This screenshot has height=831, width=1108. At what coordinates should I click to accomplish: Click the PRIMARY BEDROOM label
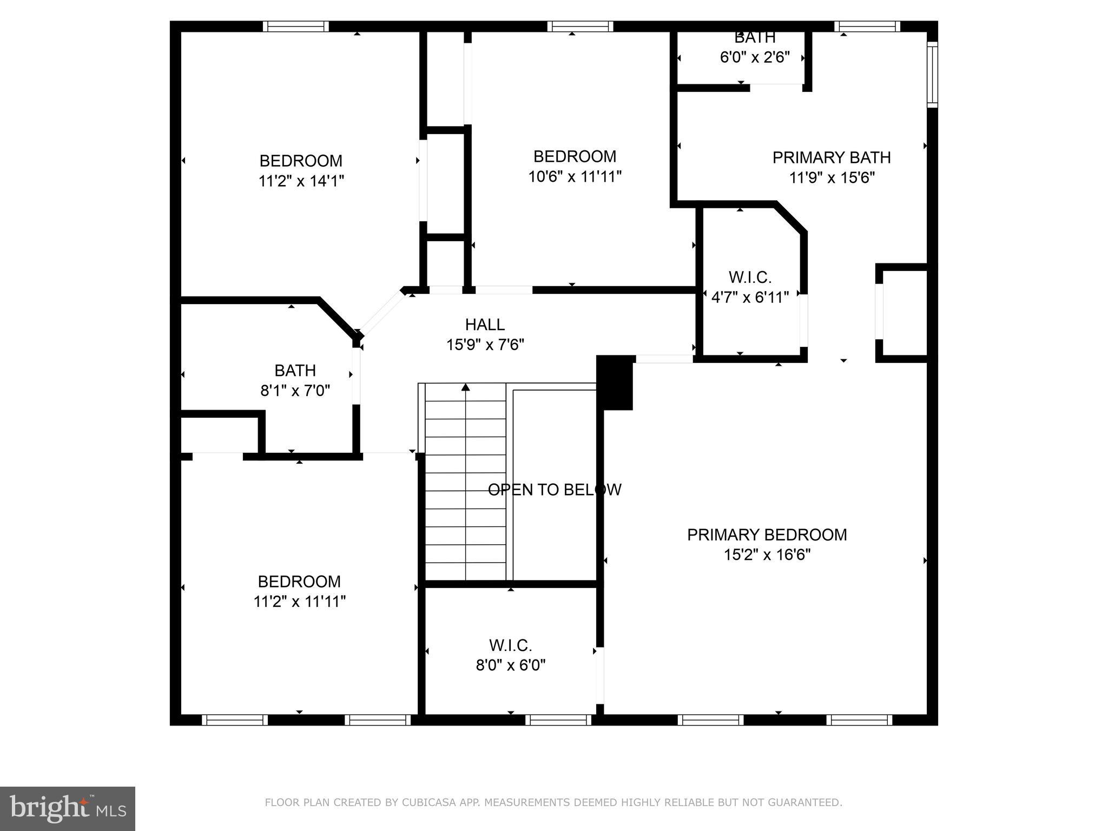click(x=767, y=535)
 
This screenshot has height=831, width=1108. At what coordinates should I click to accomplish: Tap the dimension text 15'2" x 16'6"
click(x=767, y=555)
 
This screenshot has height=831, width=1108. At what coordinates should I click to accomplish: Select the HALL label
click(x=485, y=325)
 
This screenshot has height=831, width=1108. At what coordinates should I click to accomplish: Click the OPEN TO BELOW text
click(x=554, y=490)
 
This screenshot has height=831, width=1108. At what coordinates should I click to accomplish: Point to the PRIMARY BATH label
click(x=831, y=157)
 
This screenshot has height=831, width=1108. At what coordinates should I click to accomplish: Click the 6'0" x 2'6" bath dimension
click(x=755, y=57)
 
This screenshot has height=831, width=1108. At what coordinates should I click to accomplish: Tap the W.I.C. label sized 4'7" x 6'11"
click(x=750, y=278)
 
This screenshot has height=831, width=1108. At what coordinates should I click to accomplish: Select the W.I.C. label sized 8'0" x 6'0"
click(x=510, y=645)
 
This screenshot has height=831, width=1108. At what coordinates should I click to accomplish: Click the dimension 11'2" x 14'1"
click(x=301, y=181)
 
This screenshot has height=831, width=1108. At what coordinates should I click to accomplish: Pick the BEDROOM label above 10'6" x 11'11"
click(x=575, y=156)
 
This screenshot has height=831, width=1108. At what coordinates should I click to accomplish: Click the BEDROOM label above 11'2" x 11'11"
click(x=299, y=582)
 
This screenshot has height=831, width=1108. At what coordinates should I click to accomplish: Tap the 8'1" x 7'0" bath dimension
click(x=295, y=391)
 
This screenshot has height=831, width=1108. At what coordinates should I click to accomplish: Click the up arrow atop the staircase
click(x=465, y=387)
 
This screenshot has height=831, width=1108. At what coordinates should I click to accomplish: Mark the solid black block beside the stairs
click(x=615, y=382)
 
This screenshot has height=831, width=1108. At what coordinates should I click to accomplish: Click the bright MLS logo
click(x=68, y=808)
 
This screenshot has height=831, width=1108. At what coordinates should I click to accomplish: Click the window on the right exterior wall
click(x=932, y=74)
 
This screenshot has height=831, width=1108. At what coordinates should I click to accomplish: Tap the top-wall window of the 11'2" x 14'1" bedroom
click(x=296, y=27)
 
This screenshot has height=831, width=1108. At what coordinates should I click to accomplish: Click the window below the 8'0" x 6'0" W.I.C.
click(x=558, y=720)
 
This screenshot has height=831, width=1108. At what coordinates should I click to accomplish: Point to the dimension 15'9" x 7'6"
click(x=485, y=345)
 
